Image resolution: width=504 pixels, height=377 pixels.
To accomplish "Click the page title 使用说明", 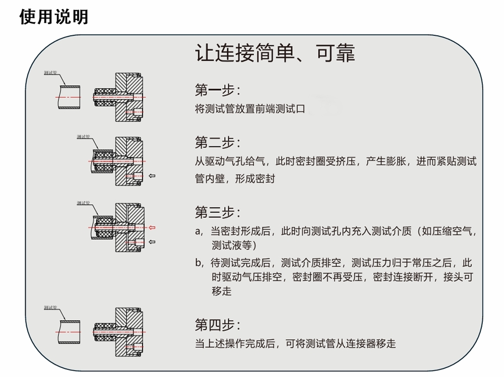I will (54, 17).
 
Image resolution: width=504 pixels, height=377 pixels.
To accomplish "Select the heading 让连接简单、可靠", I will (275, 53).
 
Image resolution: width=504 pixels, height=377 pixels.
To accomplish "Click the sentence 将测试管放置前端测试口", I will (250, 108).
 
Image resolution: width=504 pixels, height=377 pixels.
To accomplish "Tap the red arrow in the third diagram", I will (152, 228).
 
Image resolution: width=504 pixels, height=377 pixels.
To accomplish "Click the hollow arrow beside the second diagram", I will (153, 176).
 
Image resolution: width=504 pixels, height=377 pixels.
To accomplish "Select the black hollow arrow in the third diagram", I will (152, 242).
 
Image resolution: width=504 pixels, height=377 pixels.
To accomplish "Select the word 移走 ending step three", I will (222, 291).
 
